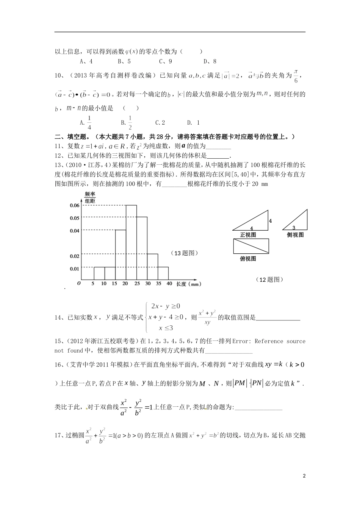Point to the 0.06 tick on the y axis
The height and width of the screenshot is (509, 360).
click(75, 205)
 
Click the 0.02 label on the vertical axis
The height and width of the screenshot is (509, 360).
click(75, 256)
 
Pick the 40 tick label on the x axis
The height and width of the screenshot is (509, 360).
click(169, 284)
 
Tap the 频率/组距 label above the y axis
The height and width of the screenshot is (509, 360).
click(90, 197)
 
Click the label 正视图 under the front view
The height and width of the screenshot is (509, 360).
click(248, 235)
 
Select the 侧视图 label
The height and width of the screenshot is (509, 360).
click(296, 235)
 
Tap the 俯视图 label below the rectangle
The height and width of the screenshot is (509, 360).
click(248, 259)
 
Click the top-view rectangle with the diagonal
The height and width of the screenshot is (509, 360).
click(251, 246)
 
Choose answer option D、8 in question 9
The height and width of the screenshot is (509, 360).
click(210, 61)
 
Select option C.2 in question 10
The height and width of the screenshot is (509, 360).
click(160, 123)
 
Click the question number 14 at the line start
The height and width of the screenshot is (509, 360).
click(59, 318)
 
